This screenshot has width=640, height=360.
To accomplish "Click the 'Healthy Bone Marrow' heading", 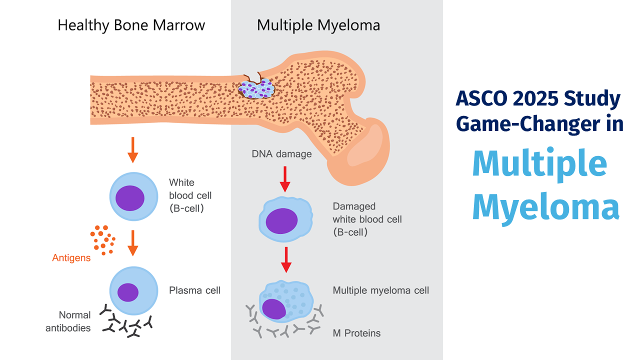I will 131,25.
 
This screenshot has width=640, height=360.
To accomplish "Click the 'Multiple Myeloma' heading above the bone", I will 318,25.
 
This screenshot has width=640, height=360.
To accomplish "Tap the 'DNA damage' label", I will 281,154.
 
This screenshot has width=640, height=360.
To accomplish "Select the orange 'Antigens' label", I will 71,258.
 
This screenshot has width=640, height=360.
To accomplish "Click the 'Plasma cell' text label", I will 194,290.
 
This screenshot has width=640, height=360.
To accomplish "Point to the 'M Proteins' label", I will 356,333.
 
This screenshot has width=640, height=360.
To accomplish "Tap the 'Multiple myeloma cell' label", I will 380,290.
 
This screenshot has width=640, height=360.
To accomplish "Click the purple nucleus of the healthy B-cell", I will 130,198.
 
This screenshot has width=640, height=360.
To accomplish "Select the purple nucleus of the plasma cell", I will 128,292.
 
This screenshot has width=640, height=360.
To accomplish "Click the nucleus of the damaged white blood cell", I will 281,221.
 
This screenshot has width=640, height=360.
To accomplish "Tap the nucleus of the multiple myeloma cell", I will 274,309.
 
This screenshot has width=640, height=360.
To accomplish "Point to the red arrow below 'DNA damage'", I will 285,179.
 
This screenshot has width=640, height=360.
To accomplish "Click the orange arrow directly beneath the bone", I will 132,149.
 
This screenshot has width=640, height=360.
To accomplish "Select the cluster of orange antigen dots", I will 102,239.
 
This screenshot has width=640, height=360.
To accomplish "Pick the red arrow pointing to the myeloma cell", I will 286,259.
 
